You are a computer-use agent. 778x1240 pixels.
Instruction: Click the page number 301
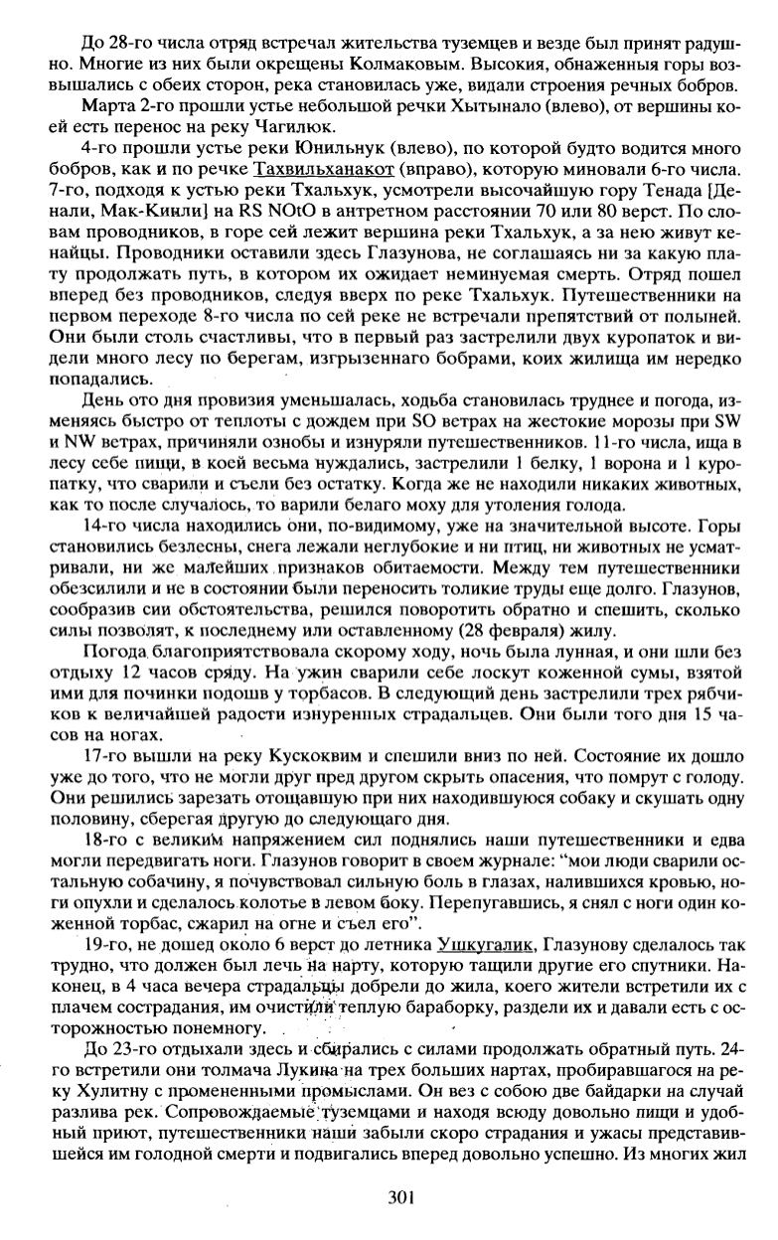(x=401, y=1197)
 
